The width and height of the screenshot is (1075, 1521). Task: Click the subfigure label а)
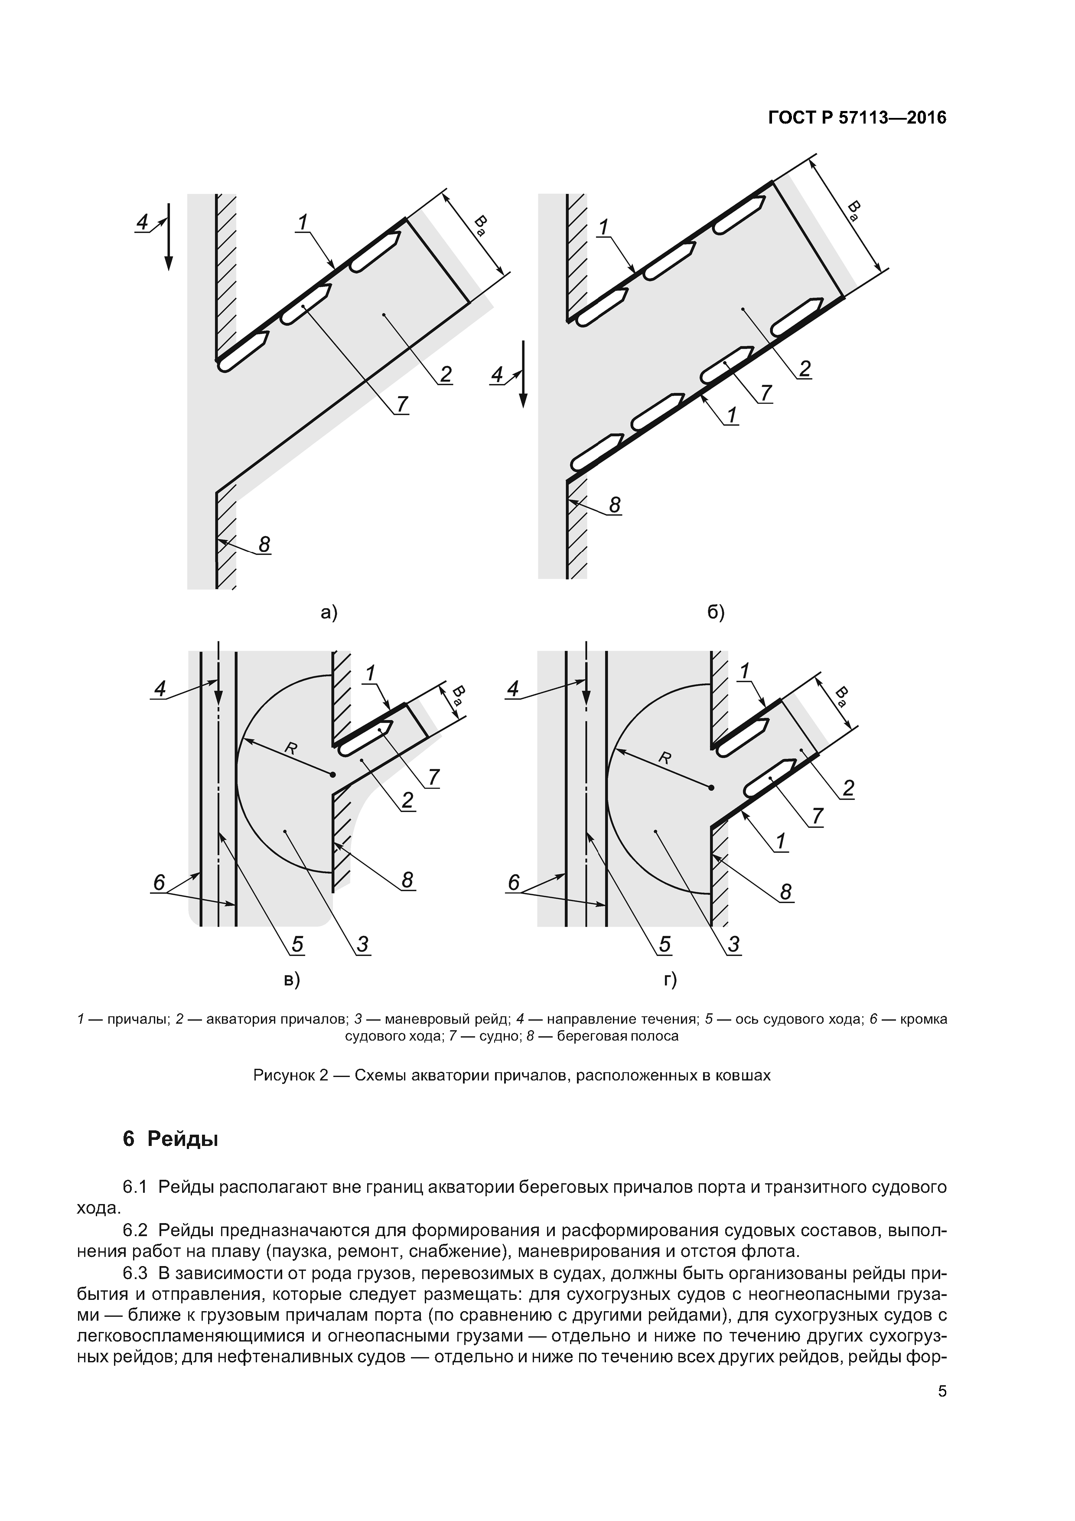coord(329,613)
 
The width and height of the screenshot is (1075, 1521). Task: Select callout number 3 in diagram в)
coord(362,944)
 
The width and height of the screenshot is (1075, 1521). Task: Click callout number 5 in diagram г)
coord(665,944)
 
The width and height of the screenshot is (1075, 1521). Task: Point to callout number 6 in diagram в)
coord(159,882)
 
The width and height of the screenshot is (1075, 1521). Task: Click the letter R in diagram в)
coord(290,748)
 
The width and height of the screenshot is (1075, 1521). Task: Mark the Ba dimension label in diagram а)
coord(482,225)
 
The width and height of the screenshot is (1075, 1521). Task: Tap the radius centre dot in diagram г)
coord(711,788)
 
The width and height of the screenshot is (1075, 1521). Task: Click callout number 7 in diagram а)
coord(402,403)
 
